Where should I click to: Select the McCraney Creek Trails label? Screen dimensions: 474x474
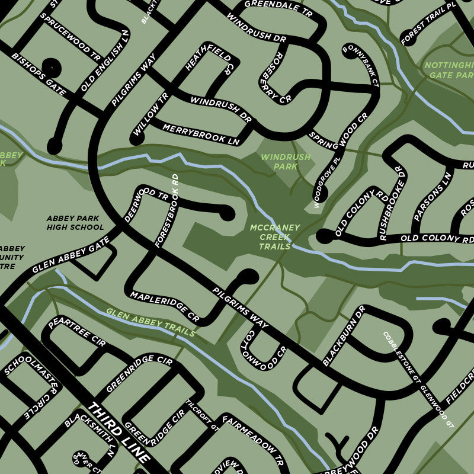275,237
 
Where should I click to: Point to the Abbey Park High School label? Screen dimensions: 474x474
75,222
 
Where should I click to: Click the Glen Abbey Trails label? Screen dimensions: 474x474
150,322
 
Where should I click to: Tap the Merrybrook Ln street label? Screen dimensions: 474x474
201,134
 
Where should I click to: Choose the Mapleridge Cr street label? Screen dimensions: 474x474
165,306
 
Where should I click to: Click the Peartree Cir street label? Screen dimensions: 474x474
76,330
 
